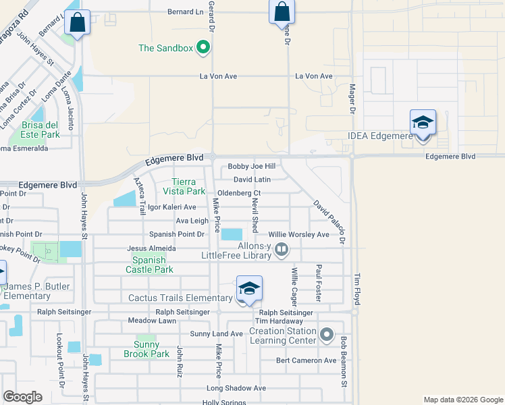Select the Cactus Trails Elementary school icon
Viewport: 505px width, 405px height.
[x=249, y=289]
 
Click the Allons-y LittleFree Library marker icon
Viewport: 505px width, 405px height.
[x=282, y=251]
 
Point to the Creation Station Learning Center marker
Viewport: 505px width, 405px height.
[x=327, y=335]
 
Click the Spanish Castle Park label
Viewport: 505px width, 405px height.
[x=153, y=265]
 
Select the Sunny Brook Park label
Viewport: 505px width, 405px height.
[x=147, y=349]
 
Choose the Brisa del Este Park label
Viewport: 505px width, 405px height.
[x=41, y=130]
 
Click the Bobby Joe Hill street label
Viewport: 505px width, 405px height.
[x=252, y=166]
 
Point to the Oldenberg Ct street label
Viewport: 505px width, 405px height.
[x=238, y=193]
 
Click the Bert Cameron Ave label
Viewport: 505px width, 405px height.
[x=306, y=360]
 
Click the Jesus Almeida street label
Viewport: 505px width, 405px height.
[x=152, y=248]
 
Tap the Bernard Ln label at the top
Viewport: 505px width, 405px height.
[x=185, y=12]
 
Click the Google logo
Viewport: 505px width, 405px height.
[x=23, y=397]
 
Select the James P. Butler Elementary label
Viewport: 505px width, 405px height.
[x=36, y=291]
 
